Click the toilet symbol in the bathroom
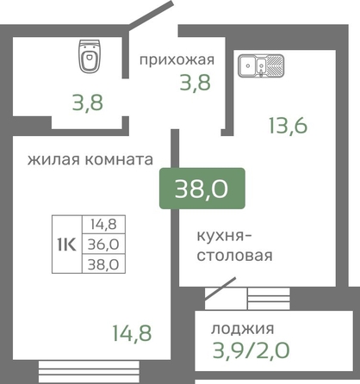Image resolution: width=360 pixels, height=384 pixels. point(90,56)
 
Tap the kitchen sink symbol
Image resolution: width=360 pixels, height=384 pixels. point(261,65)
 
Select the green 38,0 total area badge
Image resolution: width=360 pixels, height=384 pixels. point(202,189)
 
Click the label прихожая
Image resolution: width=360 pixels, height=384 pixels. point(177,60)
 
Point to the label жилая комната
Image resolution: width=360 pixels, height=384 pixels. point(90,159)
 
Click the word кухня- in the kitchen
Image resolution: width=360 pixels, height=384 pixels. point(224,237)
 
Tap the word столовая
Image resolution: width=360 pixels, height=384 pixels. point(234,255)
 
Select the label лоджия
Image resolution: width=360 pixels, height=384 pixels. point(243,329)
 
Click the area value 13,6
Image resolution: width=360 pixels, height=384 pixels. point(288,126)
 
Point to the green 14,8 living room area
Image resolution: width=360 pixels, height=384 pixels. point(132,333)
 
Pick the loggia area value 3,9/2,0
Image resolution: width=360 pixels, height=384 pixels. point(251,350)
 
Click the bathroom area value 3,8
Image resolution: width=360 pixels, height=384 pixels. point(88,102)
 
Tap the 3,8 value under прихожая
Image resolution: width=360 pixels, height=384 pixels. point(196,83)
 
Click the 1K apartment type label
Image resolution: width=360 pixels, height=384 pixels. point(67,245)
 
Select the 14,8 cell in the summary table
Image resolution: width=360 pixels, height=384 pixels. point(103,224)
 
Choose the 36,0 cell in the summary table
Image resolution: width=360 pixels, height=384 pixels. point(103,245)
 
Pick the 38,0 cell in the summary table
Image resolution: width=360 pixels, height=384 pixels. point(103,263)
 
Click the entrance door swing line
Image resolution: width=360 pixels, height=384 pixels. point(151,15)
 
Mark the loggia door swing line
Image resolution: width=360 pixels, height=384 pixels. point(220,289)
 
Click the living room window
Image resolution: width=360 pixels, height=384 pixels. point(89,371)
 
